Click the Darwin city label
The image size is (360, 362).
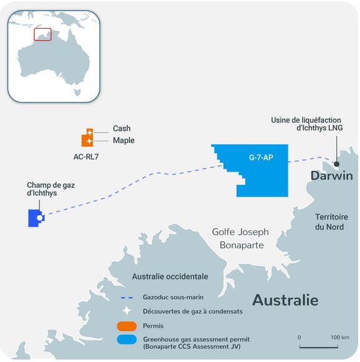tap(331, 176)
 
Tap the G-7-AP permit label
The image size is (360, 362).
tap(260, 157)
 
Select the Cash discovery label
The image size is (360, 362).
tap(121, 128)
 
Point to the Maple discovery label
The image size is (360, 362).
tap(123, 141)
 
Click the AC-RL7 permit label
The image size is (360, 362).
tap(86, 156)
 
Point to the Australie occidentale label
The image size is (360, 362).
tap(169, 276)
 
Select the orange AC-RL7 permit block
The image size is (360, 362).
tap(87, 137)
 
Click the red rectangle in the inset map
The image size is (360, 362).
tap(42, 35)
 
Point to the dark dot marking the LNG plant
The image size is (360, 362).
tap(337, 165)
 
